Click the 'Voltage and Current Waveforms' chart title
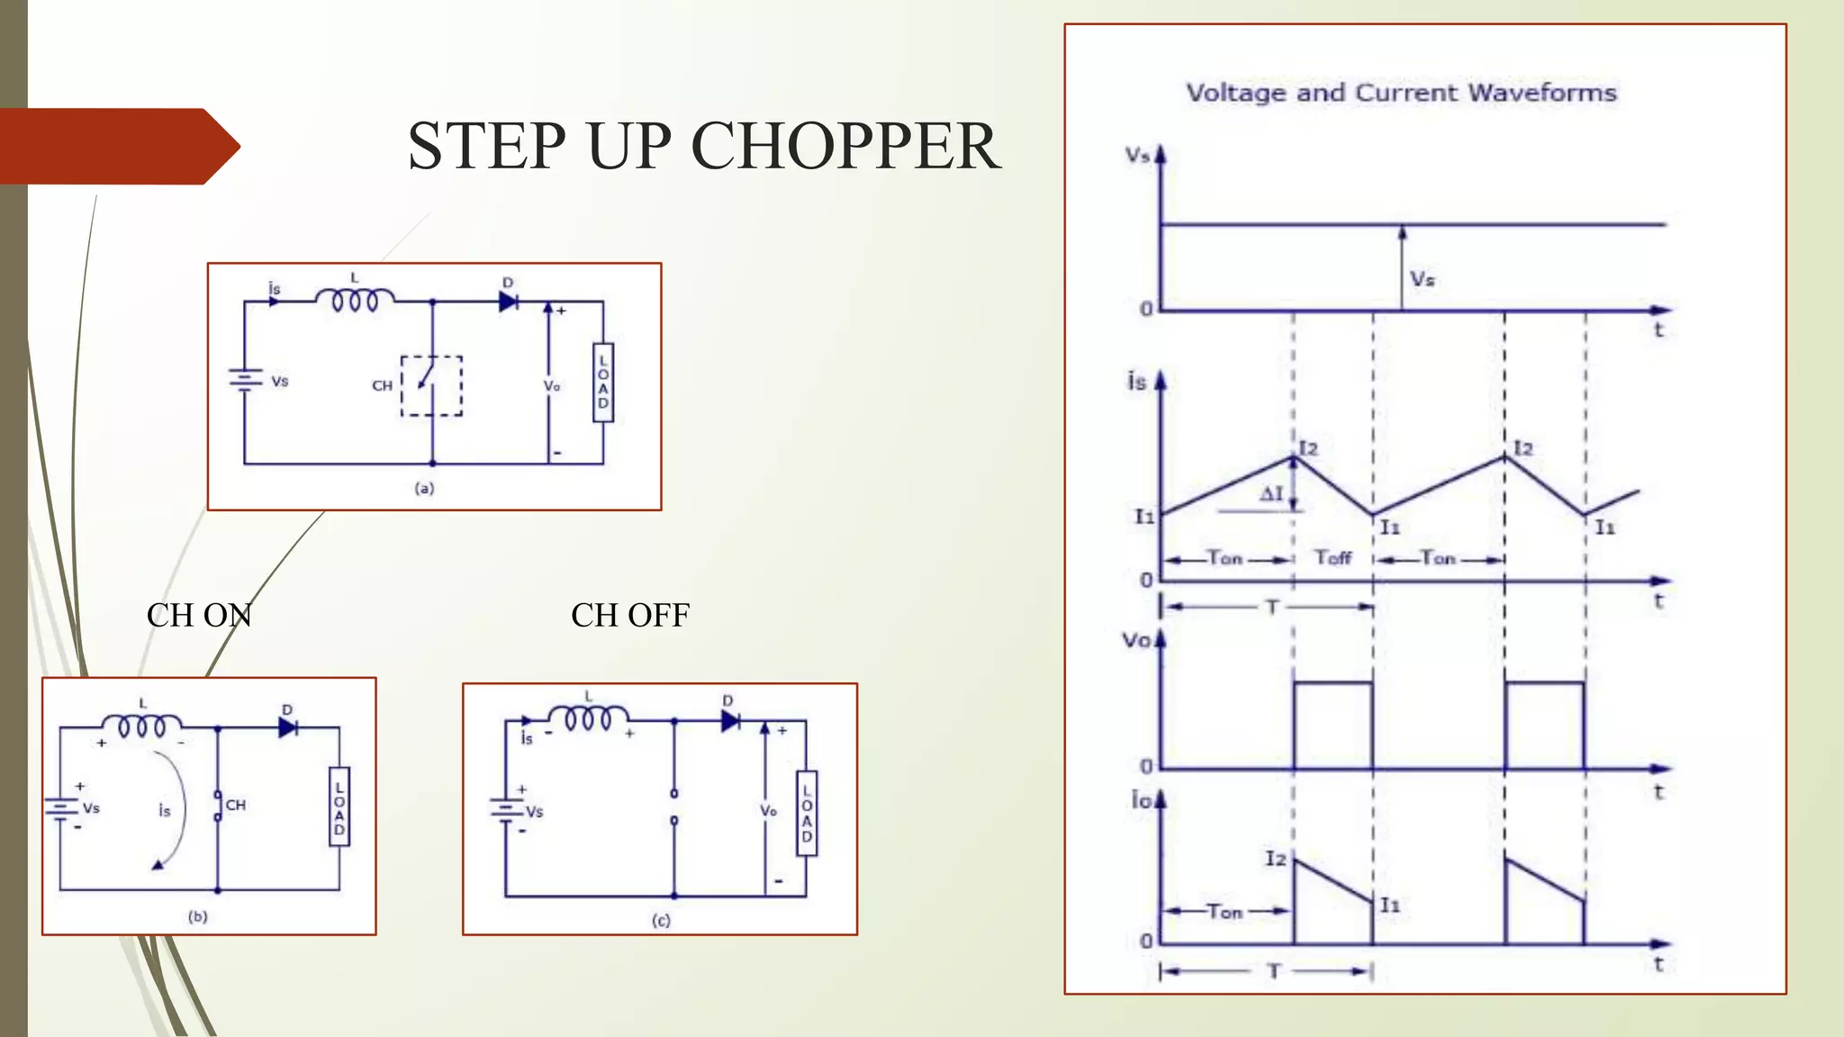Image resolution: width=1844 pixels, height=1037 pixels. click(1401, 93)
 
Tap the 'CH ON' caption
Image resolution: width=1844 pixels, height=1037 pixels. click(199, 616)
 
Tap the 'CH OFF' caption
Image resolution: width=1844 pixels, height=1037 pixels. click(630, 616)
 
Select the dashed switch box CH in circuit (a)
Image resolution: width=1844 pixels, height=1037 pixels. click(431, 385)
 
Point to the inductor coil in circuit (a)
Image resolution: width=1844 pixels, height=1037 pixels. click(355, 299)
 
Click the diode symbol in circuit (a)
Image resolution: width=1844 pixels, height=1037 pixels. click(508, 302)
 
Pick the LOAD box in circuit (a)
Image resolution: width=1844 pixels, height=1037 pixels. click(603, 382)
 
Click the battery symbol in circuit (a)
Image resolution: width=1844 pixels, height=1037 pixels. click(244, 381)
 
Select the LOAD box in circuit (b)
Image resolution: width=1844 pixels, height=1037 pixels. click(339, 806)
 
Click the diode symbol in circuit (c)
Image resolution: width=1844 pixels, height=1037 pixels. click(730, 720)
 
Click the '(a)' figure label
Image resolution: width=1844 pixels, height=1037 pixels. click(424, 488)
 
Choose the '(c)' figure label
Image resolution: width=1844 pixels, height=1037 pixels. click(661, 920)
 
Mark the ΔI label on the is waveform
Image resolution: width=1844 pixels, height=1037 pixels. click(1270, 493)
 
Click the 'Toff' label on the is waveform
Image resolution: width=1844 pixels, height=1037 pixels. click(1333, 558)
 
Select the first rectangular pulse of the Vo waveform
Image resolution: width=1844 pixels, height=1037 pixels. click(1333, 726)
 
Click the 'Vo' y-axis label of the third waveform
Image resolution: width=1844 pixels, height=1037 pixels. click(1136, 641)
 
